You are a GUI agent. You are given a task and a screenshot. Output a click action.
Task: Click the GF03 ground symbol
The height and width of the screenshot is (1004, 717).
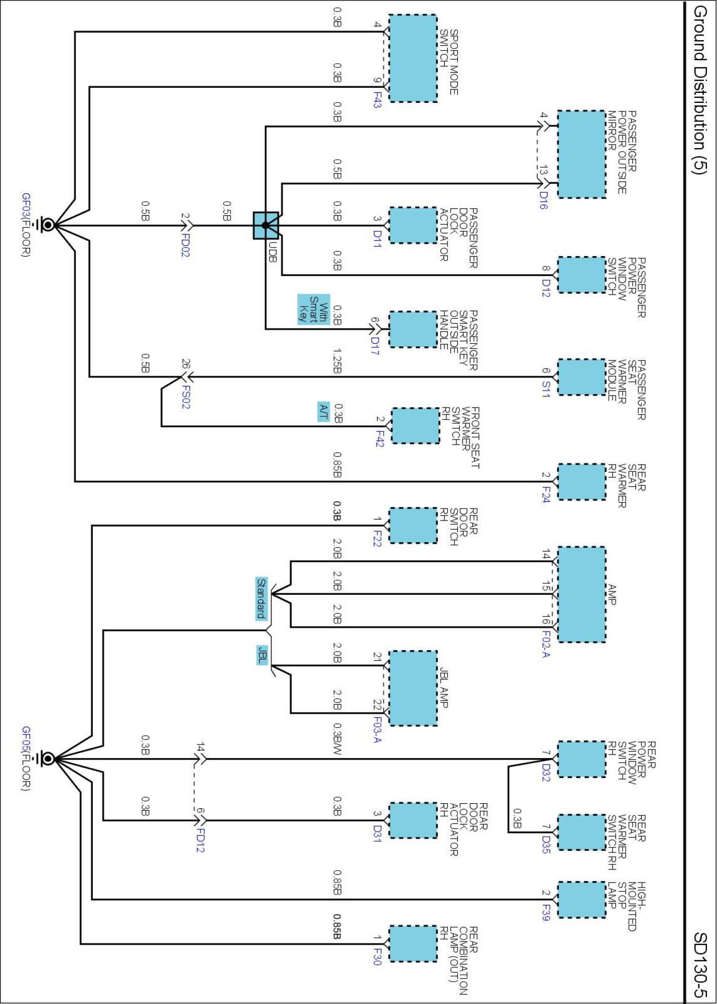48,225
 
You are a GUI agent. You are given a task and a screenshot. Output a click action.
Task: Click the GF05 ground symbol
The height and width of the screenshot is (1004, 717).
48,759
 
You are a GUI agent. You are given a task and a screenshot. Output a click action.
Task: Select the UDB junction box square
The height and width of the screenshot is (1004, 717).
266,225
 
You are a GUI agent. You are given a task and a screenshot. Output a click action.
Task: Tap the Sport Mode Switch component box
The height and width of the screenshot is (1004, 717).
413,58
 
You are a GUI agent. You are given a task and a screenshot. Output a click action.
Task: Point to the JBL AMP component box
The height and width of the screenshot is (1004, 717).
413,688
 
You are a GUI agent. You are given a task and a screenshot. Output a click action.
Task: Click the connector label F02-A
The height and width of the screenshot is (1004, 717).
546,644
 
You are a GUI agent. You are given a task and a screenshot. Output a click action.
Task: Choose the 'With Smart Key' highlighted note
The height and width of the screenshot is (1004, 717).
313,309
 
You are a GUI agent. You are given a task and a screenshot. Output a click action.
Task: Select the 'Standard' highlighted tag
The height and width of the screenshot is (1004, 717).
261,598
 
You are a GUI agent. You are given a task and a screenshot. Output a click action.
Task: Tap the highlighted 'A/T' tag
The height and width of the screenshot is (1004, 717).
323,412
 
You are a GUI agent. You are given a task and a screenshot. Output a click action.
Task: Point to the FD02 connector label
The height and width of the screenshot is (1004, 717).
185,245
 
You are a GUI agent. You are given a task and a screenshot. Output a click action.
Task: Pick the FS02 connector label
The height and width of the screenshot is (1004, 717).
186,397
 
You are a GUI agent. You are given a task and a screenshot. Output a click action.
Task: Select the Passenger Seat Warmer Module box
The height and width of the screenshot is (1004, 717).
581,377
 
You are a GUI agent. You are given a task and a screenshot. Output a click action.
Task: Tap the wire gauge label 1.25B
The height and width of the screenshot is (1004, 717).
337,361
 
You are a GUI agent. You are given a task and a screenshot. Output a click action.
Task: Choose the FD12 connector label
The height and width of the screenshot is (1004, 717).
200,840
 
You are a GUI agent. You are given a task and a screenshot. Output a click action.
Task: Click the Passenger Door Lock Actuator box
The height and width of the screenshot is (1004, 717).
413,225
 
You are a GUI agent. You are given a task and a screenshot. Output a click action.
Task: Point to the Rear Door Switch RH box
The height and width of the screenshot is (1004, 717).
413,525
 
